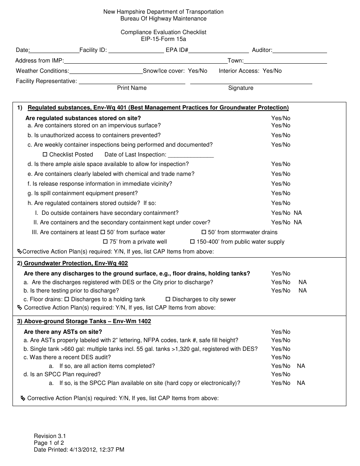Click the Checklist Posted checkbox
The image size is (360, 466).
tap(45, 154)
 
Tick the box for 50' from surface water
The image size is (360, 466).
tap(102, 232)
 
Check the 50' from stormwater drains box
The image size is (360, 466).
tap(203, 232)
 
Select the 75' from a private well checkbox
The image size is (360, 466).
tap(105, 241)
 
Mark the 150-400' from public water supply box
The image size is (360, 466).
tap(192, 241)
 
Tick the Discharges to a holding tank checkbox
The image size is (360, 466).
tap(67, 299)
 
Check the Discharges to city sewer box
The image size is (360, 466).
tap(168, 299)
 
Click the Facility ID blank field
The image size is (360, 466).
tap(136, 50)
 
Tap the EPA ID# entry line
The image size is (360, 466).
tap(219, 50)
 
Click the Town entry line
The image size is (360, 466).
tap(285, 61)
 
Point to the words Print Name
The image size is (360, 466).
tap(131, 88)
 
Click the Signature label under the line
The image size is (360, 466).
tap(241, 88)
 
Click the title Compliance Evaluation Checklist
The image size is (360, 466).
tap(163, 32)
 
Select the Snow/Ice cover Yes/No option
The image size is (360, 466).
tap(197, 71)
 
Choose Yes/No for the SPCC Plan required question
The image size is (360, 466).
tap(281, 374)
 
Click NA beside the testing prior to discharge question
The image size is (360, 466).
tap(302, 291)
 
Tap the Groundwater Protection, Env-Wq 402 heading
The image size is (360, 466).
tap(76, 263)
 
